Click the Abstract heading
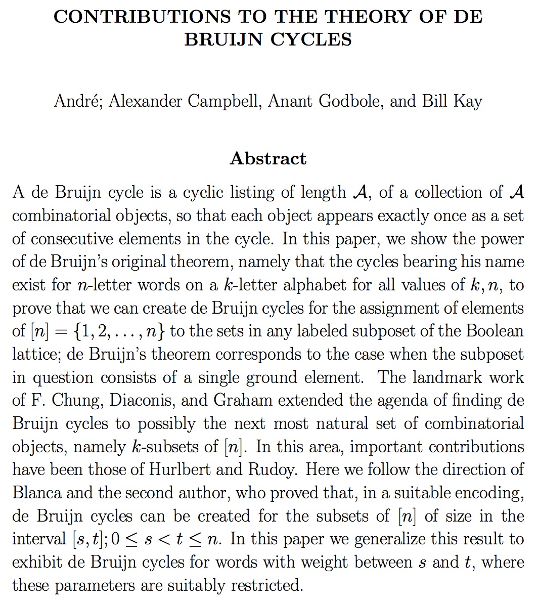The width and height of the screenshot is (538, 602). (268, 158)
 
